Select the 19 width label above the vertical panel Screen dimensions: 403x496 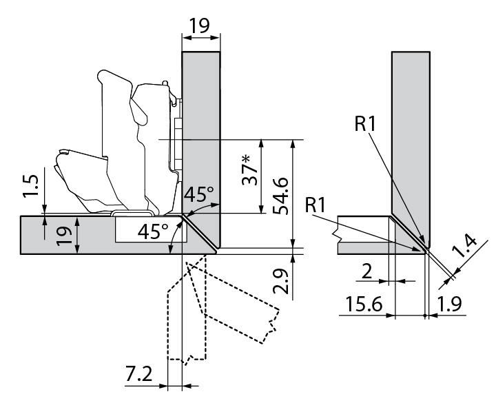point(200,25)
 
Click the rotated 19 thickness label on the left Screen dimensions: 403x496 point(63,234)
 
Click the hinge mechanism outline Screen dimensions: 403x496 point(131,145)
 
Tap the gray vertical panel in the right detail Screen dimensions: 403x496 point(411,138)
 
